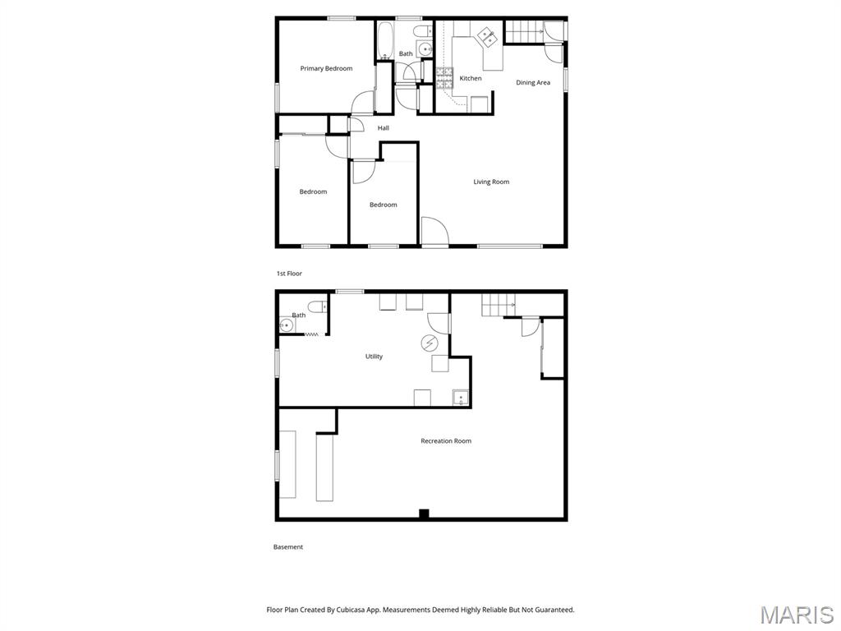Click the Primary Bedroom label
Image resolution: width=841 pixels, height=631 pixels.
326,68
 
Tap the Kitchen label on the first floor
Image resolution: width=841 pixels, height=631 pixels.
471,78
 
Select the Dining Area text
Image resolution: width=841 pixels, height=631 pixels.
533,82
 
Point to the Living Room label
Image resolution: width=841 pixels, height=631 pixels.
491,182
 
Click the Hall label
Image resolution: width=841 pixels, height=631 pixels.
384,128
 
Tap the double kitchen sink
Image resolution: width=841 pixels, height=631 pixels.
487,35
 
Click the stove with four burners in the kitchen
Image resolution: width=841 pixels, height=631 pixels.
443,78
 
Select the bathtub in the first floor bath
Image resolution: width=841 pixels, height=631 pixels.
385,39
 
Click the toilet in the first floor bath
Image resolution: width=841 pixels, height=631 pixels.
422,32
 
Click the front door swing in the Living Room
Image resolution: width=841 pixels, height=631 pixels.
434,232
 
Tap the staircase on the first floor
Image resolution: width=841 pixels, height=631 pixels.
522,30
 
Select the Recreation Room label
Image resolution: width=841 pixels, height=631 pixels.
446,441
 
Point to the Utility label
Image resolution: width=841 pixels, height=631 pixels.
374,357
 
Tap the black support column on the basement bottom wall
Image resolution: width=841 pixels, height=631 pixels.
424,514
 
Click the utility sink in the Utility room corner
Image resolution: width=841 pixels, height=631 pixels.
461,398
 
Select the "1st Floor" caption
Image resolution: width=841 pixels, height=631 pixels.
289,273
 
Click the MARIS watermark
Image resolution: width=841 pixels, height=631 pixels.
796,614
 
